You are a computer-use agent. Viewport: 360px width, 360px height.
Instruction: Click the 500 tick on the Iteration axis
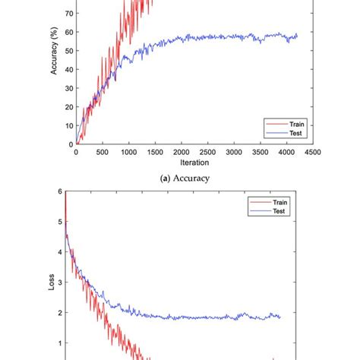(102, 152)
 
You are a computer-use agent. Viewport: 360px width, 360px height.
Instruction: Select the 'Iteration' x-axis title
(195, 163)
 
